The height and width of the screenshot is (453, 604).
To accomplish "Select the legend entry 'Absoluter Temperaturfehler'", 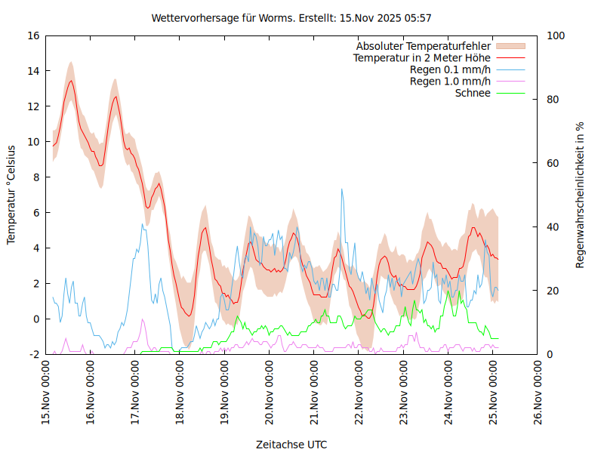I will coord(424,46).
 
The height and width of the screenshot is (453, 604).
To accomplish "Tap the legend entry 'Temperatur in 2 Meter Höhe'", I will coord(422,57).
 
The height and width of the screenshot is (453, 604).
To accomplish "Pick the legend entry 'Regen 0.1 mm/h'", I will coord(450,69).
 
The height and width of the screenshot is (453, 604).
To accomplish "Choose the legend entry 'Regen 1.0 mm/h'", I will coord(450,81).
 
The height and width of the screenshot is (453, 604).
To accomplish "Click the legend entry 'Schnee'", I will coord(473,93).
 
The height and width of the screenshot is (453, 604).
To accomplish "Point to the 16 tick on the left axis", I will coord(35,35).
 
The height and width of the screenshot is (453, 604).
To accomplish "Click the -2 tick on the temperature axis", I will coord(35,354).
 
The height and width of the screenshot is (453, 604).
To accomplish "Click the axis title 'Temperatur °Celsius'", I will coord(11,194).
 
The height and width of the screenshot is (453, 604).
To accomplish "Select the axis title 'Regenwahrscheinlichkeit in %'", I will coord(581,194).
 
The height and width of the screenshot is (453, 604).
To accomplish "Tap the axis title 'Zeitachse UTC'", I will coord(291,444).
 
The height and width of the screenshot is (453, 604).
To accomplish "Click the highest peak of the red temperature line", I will coord(71,81).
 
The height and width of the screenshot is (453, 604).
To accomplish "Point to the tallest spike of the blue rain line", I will coord(342,189).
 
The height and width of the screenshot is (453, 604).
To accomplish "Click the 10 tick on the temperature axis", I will coord(35,142).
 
